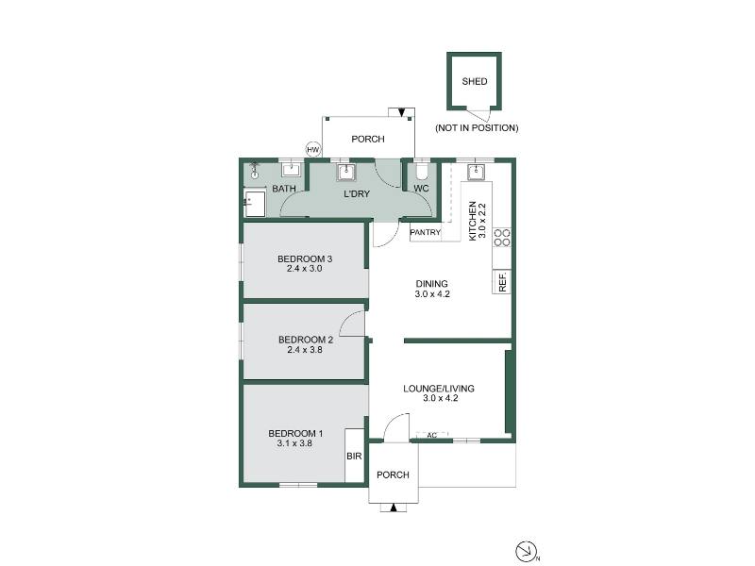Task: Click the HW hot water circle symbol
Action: (313, 150)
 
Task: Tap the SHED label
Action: (475, 81)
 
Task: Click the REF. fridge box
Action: (501, 281)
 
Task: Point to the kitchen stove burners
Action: (501, 238)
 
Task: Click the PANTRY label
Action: (426, 232)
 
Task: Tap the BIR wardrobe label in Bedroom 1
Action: (354, 456)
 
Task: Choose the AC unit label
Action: (432, 435)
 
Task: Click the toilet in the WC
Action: (422, 172)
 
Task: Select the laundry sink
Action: (346, 172)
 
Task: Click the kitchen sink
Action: (477, 172)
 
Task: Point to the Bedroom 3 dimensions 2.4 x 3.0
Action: (304, 269)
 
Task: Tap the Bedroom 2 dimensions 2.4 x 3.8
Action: (305, 350)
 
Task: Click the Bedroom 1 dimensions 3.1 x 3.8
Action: (294, 443)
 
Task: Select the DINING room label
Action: (432, 284)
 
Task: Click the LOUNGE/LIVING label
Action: (439, 388)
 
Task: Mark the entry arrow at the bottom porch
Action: (394, 508)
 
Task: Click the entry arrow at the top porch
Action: (402, 112)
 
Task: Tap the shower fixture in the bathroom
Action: (255, 171)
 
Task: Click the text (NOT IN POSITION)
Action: (477, 128)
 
